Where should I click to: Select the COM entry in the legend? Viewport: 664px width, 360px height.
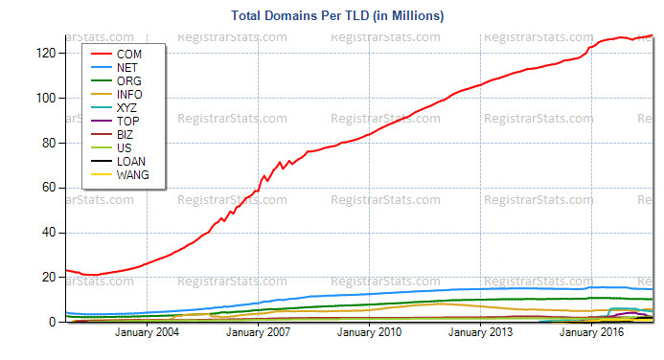(x=126, y=56)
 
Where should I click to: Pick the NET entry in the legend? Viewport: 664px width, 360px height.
(x=126, y=69)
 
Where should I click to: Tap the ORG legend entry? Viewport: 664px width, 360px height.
(x=126, y=82)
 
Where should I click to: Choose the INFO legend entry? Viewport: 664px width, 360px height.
(x=127, y=96)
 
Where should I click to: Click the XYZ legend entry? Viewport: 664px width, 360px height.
(x=126, y=109)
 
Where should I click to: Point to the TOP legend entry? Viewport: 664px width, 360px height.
(x=126, y=123)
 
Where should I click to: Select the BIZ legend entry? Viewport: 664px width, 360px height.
(x=125, y=136)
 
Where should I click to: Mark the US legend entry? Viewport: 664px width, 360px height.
(x=123, y=149)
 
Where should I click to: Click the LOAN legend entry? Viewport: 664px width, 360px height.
(x=128, y=163)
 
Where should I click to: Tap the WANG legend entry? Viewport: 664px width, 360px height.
(x=130, y=176)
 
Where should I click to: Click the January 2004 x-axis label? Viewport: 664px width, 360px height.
(x=147, y=333)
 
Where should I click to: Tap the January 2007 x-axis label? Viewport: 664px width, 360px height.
(x=258, y=333)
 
